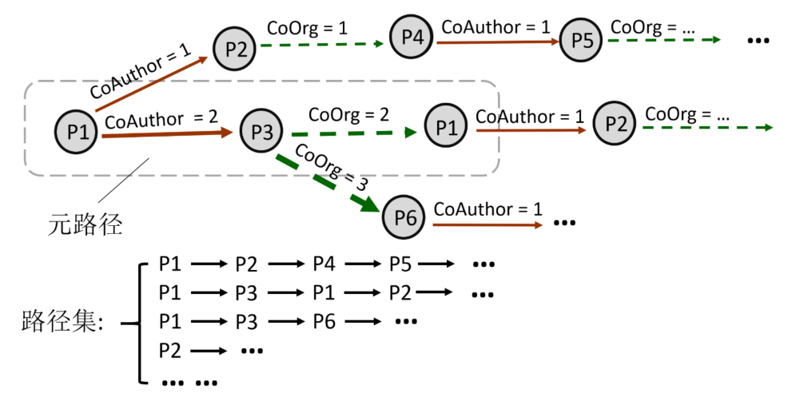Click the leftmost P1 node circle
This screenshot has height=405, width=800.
click(x=77, y=132)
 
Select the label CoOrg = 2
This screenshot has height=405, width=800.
click(x=348, y=114)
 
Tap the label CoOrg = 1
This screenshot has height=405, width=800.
click(x=307, y=28)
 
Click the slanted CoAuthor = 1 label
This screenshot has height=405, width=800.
click(x=140, y=72)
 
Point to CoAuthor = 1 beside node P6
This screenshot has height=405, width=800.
click(x=488, y=209)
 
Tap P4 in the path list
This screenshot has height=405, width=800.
click(x=324, y=264)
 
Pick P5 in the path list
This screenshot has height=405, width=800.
click(x=400, y=264)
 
